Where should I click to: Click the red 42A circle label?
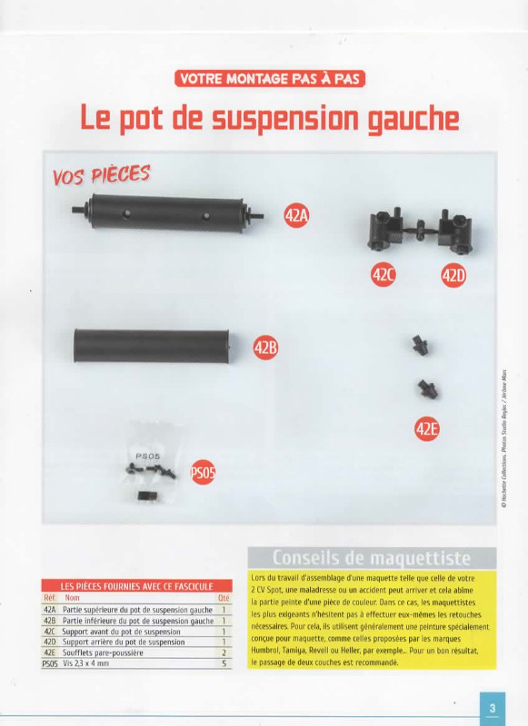point(296,216)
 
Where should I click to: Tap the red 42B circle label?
point(265,348)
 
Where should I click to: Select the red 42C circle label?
point(384,275)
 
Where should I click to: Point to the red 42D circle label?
point(453,275)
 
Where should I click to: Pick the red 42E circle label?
point(426,428)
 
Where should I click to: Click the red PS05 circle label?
point(203,472)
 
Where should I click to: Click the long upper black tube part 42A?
point(168,213)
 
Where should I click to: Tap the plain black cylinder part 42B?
point(152,346)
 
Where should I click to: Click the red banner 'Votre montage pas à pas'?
point(270,79)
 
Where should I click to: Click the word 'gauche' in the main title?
point(413,119)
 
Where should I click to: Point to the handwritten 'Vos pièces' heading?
point(101,174)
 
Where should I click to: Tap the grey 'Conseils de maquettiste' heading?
point(372,558)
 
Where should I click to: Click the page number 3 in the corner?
point(493,708)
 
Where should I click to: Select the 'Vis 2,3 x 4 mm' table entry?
point(85,663)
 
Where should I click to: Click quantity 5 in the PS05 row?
point(224,663)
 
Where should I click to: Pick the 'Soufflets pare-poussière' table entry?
point(103,652)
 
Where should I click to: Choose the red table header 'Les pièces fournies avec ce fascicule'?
point(136,586)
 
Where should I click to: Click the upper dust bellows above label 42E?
point(421,345)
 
